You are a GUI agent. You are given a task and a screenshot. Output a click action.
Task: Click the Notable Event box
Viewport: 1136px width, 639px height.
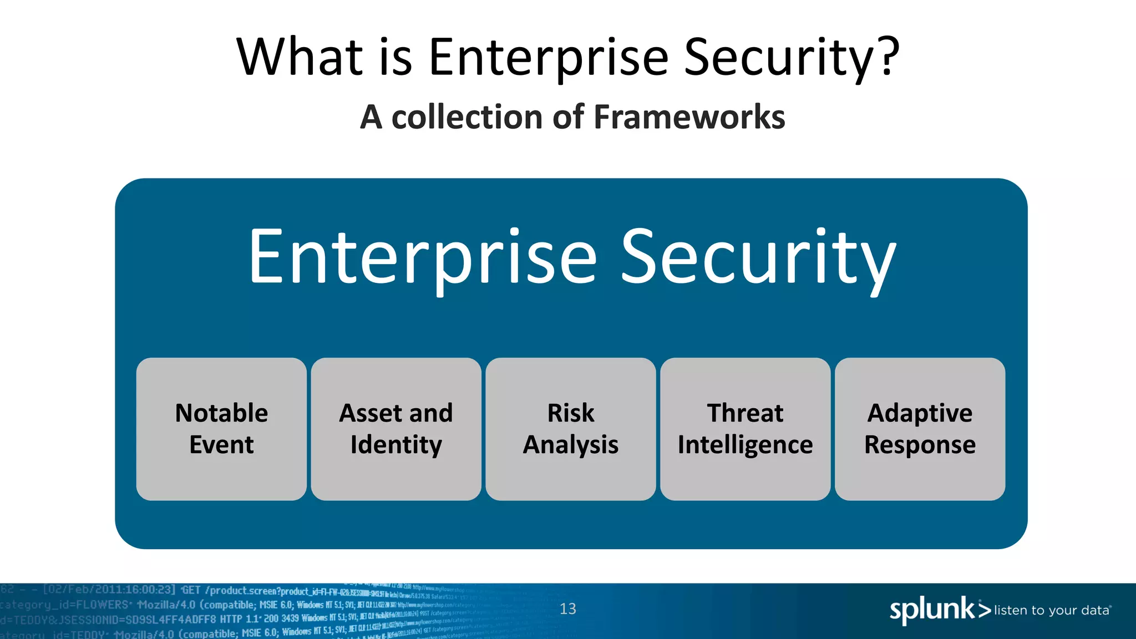click(x=221, y=429)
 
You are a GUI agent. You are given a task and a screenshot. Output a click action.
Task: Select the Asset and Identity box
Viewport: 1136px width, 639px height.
click(x=396, y=429)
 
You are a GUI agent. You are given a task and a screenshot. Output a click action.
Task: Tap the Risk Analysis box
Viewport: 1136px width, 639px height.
click(x=571, y=429)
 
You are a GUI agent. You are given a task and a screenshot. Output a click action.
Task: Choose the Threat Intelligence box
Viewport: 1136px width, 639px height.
click(x=745, y=429)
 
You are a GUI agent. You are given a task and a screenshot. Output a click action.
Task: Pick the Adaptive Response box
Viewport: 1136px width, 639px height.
click(x=920, y=429)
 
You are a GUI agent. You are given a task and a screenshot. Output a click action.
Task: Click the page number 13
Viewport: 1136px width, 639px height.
click(x=567, y=609)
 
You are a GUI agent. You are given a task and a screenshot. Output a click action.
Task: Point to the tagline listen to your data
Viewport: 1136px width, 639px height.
click(x=1052, y=610)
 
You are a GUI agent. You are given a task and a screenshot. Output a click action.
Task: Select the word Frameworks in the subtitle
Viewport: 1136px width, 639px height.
click(x=689, y=117)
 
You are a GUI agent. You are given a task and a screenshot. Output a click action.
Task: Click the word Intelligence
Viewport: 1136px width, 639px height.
click(x=745, y=445)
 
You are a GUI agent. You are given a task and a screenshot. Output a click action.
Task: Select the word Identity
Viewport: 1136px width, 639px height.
click(x=396, y=445)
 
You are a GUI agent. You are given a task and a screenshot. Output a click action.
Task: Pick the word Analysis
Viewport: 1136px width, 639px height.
click(x=571, y=445)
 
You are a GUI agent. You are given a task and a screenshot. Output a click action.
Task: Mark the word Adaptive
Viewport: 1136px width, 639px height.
click(x=920, y=413)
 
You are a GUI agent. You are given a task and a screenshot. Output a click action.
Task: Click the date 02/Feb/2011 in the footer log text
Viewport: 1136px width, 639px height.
click(x=82, y=590)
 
